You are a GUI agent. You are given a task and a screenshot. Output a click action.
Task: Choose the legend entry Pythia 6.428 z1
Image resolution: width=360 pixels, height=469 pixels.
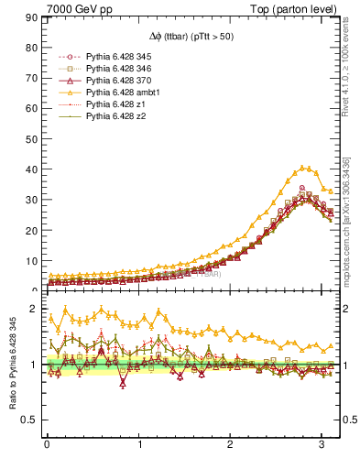pos(115,104)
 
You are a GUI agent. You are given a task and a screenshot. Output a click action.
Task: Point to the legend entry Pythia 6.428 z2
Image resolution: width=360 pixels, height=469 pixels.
pos(115,116)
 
